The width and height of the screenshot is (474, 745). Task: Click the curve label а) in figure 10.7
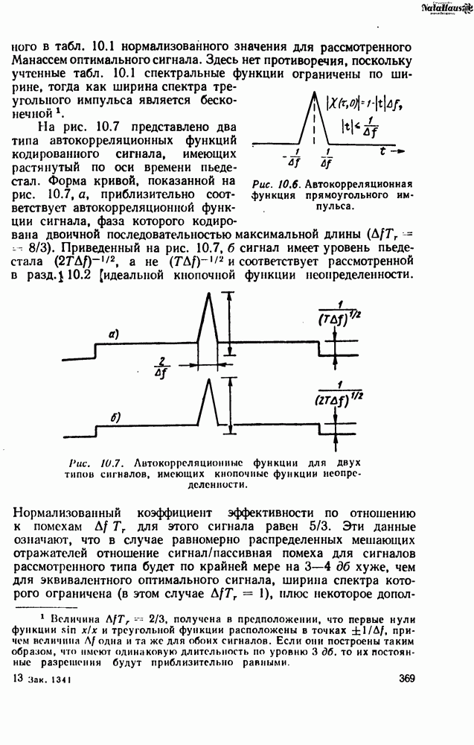coord(113,336)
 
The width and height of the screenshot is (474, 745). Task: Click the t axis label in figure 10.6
coord(382,150)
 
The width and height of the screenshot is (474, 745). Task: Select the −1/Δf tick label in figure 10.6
coord(292,159)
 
